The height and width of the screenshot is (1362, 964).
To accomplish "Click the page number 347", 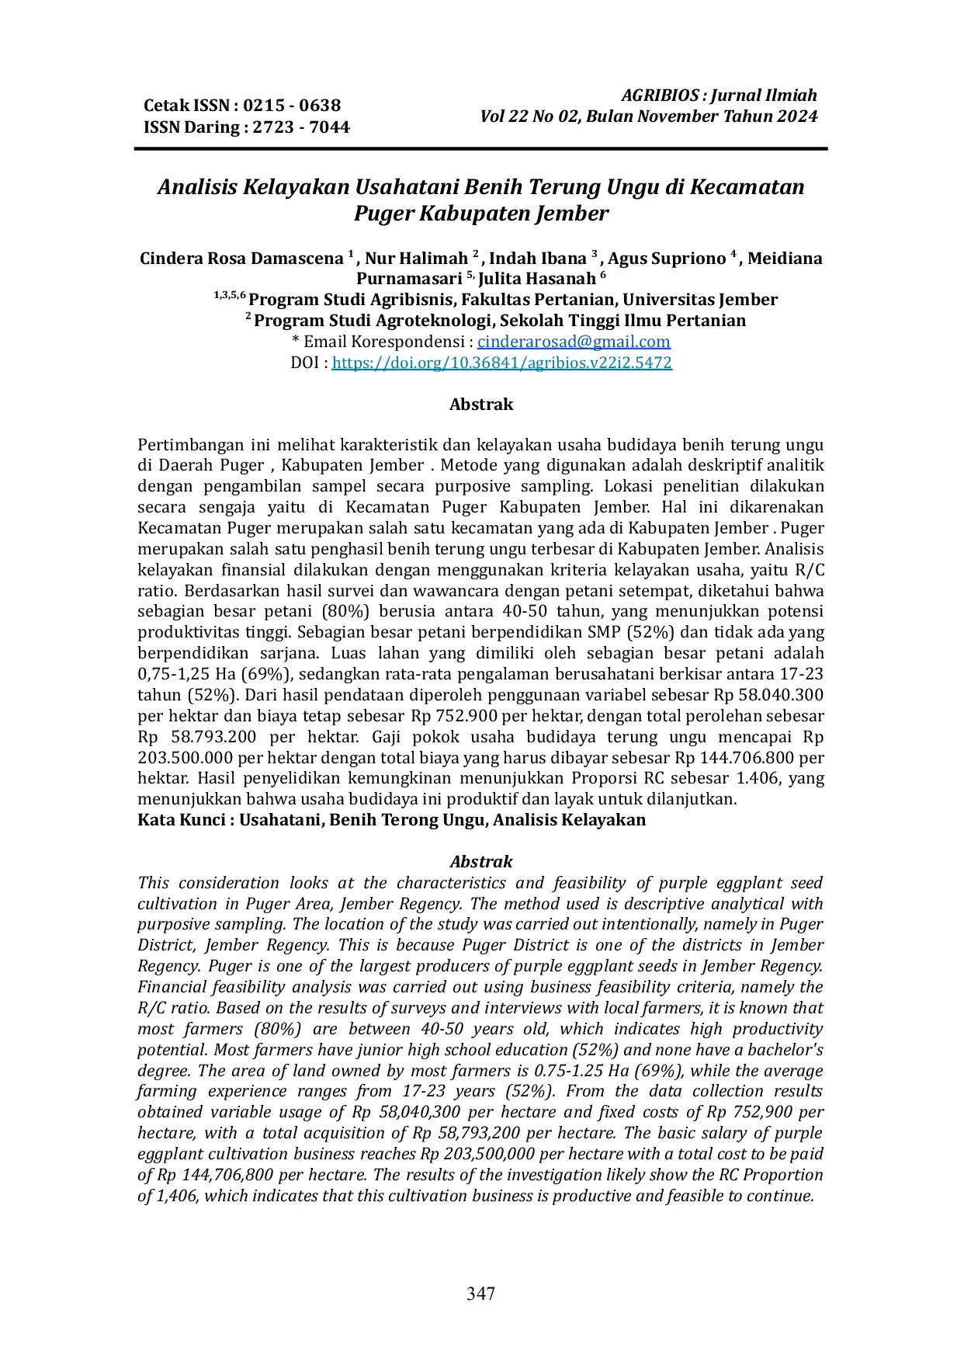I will click(x=480, y=1293).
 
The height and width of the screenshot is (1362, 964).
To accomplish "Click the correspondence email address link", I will click(x=574, y=342).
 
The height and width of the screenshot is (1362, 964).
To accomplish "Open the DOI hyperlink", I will click(x=501, y=363).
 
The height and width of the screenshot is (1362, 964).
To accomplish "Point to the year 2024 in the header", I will click(x=798, y=116).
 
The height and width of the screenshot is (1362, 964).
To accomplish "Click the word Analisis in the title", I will click(x=197, y=187).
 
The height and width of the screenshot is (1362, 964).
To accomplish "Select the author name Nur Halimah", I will click(x=417, y=259).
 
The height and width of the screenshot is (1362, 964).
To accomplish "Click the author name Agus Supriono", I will click(x=667, y=259).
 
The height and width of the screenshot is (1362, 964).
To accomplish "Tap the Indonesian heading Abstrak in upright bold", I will click(x=481, y=405).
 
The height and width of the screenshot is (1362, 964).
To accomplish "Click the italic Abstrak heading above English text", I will click(x=481, y=862).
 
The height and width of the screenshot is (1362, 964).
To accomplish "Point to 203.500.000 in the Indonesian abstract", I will click(x=186, y=758).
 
